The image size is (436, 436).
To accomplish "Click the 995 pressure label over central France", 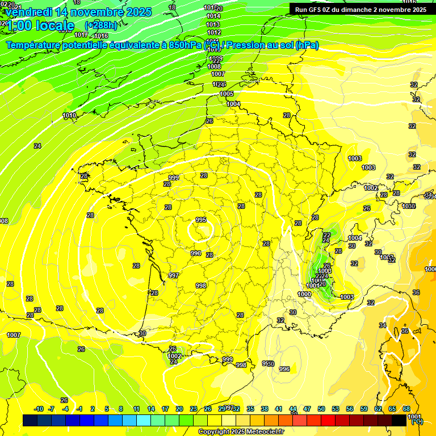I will point(201,220).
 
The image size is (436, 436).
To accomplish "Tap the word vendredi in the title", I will point(28,12).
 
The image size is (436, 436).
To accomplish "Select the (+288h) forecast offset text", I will point(101,26).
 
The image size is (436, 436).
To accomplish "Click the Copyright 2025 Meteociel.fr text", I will point(241,432).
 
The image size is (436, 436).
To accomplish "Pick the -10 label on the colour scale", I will point(39,409).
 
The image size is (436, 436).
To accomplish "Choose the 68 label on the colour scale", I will point(406,409).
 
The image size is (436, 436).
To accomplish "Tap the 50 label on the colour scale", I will point(321,409).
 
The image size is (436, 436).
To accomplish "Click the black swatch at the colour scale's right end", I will point(399,421).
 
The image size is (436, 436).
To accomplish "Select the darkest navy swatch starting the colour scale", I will point(30,421).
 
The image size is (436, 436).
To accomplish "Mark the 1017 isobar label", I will point(81,35).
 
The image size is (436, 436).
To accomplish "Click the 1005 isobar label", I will point(227,94).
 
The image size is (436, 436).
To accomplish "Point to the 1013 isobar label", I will point(213,24).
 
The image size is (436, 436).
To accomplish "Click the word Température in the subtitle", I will point(37,45).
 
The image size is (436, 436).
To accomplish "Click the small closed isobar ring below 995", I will point(200,230).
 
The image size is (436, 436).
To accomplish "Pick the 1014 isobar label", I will point(213,16).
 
